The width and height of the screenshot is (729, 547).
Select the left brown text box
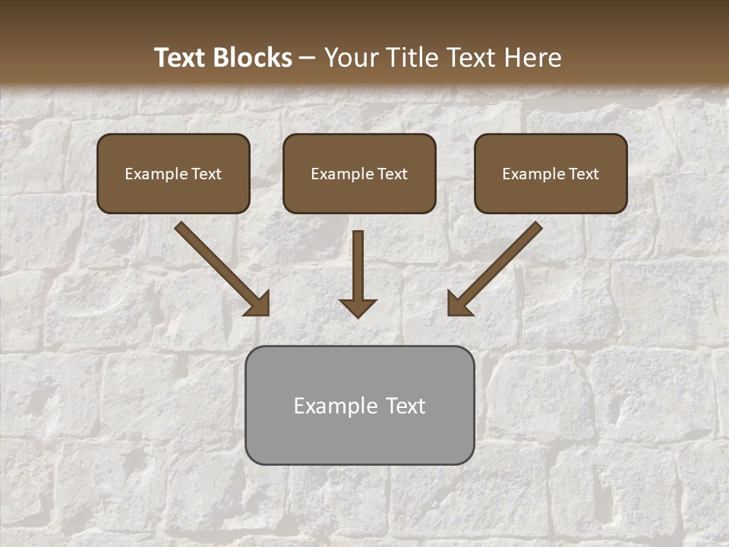173,173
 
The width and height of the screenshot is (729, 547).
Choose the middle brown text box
359,173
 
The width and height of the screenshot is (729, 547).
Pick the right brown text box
551,173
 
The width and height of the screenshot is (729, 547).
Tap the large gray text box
359,405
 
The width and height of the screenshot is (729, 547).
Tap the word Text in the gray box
406,406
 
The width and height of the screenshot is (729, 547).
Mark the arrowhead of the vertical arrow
358,307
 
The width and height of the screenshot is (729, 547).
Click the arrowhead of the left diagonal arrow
258,303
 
